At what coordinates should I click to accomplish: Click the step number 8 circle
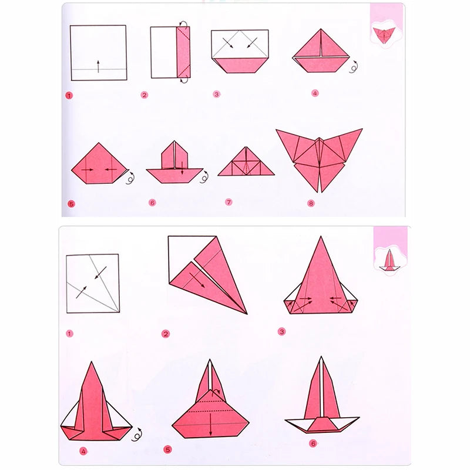(311, 203)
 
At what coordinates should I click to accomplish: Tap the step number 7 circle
(229, 202)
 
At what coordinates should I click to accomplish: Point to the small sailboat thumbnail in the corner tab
(389, 260)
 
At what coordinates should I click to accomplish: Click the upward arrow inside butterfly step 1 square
(98, 66)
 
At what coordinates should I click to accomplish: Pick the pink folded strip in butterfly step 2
(184, 52)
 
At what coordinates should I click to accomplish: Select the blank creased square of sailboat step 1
(92, 283)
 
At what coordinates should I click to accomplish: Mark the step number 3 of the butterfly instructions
(216, 94)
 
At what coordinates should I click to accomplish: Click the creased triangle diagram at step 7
(246, 162)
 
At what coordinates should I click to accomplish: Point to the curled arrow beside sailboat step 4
(138, 435)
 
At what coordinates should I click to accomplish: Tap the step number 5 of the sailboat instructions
(168, 450)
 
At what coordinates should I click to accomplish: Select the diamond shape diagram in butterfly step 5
(97, 164)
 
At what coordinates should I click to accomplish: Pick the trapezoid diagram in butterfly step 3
(240, 52)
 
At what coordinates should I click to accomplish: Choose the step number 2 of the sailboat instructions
(166, 334)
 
